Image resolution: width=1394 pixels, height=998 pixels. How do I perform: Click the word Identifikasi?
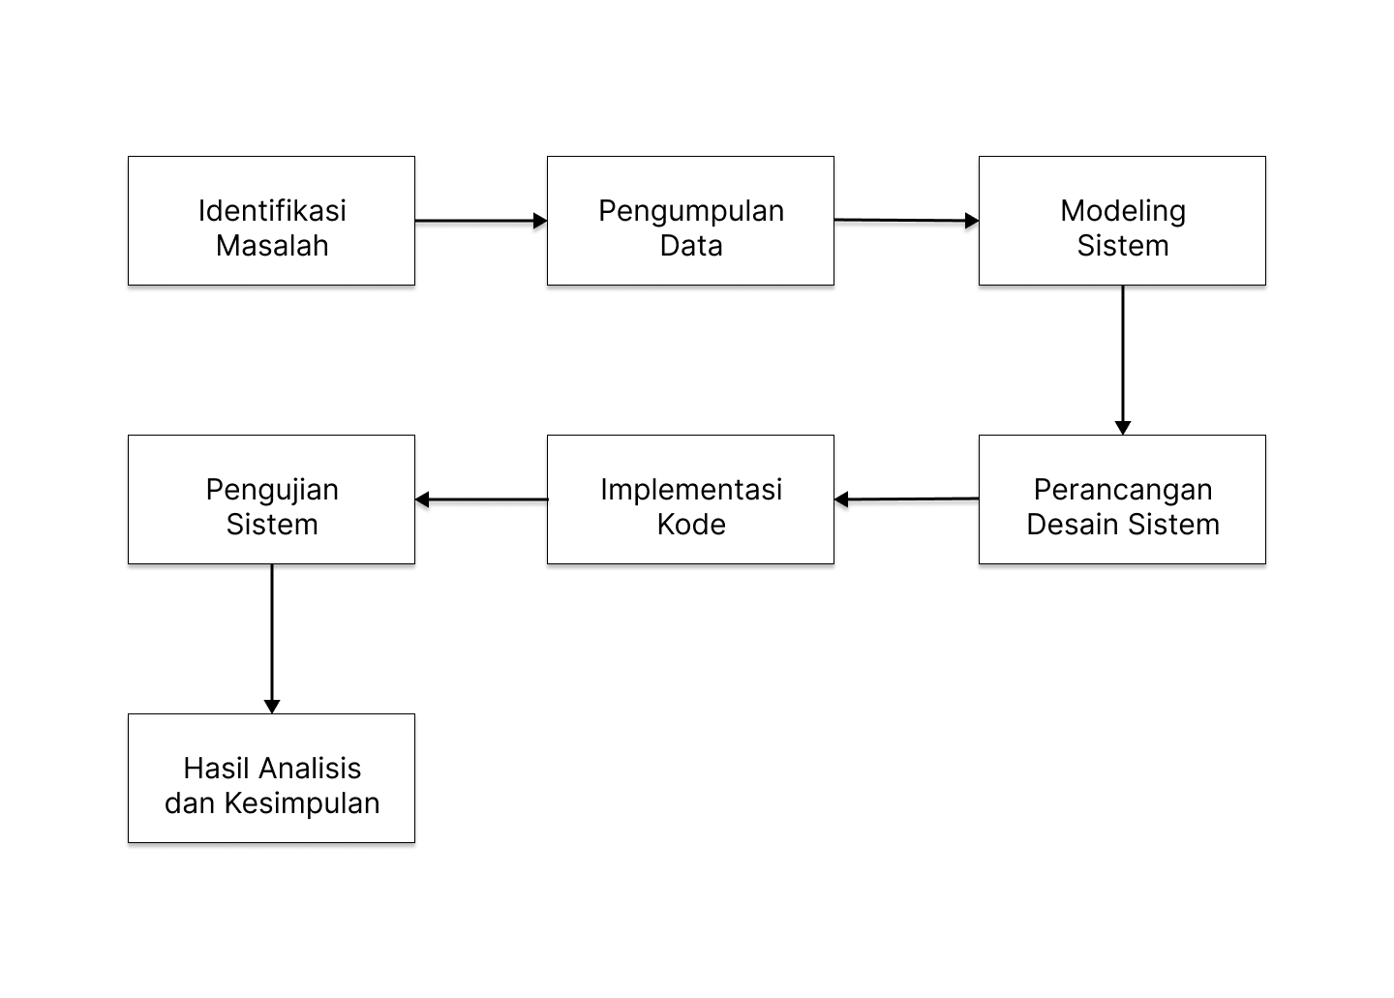[272, 210]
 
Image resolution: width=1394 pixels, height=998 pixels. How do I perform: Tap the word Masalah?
[272, 245]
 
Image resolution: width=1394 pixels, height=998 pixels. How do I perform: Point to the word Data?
[691, 245]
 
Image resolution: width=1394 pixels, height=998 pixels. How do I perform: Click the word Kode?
[691, 524]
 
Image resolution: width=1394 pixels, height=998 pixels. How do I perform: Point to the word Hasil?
[217, 768]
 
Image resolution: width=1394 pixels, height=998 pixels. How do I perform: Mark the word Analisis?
[310, 768]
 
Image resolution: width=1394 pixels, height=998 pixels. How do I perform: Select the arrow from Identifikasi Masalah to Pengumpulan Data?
[481, 221]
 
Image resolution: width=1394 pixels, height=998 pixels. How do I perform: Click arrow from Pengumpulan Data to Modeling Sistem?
[906, 221]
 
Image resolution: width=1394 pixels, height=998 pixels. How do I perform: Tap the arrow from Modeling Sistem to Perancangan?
[1123, 360]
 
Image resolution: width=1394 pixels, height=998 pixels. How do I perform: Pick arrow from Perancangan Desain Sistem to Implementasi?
[906, 499]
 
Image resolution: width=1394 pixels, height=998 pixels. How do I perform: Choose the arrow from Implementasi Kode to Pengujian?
[481, 499]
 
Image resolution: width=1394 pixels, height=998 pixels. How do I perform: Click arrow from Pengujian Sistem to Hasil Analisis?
[272, 639]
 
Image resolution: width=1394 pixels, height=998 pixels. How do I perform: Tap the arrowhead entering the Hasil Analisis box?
[272, 707]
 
